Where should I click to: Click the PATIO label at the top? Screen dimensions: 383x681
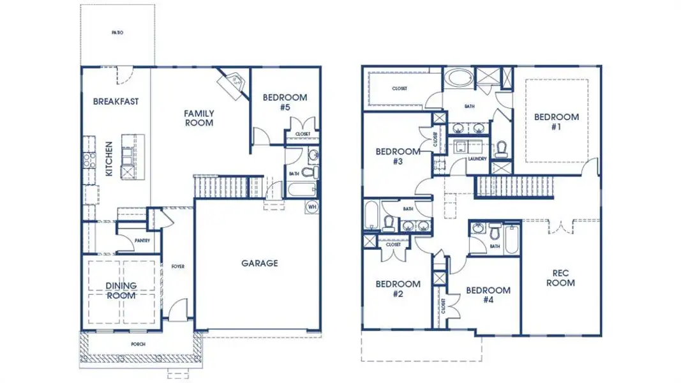pos(117,31)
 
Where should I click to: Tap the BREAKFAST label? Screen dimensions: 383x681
pos(116,101)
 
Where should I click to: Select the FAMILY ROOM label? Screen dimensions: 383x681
pos(199,118)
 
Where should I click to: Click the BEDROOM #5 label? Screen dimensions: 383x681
pos(285,102)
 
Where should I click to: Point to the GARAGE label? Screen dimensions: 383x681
pos(259,263)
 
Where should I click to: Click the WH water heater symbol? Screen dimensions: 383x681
pos(312,207)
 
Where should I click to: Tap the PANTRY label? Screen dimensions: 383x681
pos(142,241)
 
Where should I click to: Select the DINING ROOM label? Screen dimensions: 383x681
pos(121,290)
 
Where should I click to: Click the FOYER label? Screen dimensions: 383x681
pos(177,266)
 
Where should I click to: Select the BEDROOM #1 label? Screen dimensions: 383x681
pos(557,121)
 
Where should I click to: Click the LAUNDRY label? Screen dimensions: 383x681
pos(477,159)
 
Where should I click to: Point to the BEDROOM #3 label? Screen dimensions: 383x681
pos(398,156)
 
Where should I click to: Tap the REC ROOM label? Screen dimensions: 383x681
pos(561,278)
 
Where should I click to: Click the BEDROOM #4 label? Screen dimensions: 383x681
pos(488,295)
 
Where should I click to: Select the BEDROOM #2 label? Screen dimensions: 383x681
pos(398,289)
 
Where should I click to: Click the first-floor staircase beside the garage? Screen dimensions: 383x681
pos(221,187)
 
